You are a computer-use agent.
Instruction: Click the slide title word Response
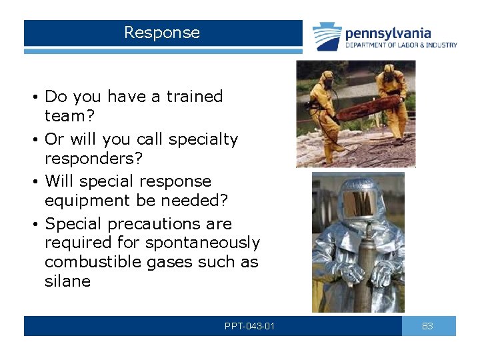pos(162,33)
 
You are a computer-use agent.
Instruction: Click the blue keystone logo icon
pos(327,36)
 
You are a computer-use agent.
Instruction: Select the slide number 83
pos(428,326)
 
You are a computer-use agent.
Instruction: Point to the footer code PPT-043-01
pos(250,326)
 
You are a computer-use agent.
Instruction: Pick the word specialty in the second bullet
pos(203,139)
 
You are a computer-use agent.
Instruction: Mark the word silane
pos(67,281)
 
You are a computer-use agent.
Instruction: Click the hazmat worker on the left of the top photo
pos(325,110)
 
